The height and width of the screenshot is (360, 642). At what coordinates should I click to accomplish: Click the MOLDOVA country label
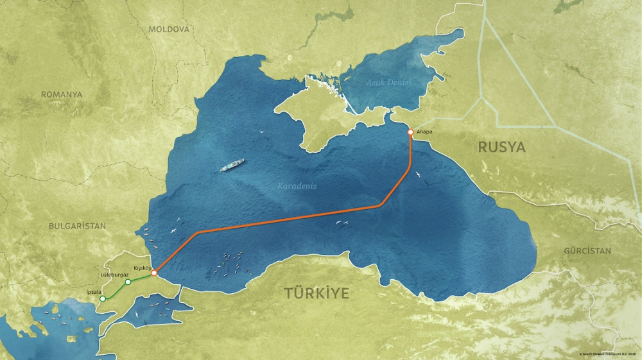coord(169,30)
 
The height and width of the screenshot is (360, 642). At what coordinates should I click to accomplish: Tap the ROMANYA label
coord(62,94)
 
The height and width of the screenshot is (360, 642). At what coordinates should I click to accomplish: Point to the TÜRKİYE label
coord(317,294)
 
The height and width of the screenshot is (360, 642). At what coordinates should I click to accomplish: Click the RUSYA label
coord(501,148)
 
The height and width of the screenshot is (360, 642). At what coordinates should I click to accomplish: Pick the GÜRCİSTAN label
coord(587,251)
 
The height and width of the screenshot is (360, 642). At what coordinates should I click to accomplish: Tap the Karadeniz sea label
coord(297,186)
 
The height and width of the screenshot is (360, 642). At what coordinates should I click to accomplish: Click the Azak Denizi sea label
coord(388,83)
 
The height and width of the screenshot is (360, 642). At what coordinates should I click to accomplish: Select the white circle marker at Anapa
coord(410,132)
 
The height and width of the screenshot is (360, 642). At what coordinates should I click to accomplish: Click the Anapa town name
coord(424,132)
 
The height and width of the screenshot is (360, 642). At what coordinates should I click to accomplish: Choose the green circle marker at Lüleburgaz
coord(128,282)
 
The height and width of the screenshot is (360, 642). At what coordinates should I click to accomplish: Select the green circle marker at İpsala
coord(103,298)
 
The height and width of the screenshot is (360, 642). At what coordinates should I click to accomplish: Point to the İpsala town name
coord(94,291)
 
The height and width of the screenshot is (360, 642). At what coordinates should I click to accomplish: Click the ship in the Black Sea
coord(232,166)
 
